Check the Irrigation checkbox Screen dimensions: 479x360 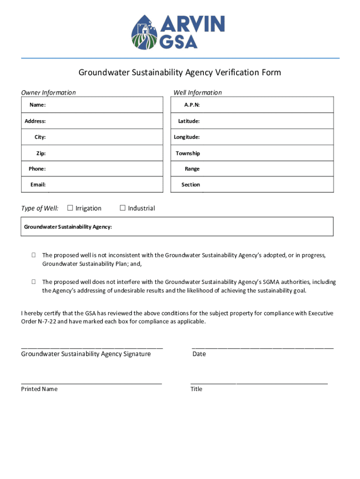pyautogui.click(x=70, y=208)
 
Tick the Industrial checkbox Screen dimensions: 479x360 pyautogui.click(x=123, y=208)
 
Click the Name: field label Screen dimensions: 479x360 pyautogui.click(x=37, y=105)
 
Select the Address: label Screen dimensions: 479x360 pyautogui.click(x=35, y=121)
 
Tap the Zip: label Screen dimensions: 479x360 pyautogui.click(x=41, y=153)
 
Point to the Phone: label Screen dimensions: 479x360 pyautogui.click(x=37, y=169)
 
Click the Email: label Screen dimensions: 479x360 pyautogui.click(x=38, y=185)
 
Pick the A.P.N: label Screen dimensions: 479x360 pyautogui.click(x=192, y=105)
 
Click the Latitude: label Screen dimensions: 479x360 pyautogui.click(x=189, y=121)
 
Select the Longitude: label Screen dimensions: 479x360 pyautogui.click(x=187, y=137)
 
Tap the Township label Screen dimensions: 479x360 pyautogui.click(x=188, y=153)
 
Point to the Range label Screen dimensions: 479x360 pyautogui.click(x=192, y=169)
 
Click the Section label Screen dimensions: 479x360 pyautogui.click(x=191, y=185)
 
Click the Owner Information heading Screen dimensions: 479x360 pyautogui.click(x=48, y=93)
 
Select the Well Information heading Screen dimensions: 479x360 pyautogui.click(x=198, y=93)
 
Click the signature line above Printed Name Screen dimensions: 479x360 pyautogui.click(x=92, y=383)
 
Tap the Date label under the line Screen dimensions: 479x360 pyautogui.click(x=199, y=354)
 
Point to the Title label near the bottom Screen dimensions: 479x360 pyautogui.click(x=196, y=389)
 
